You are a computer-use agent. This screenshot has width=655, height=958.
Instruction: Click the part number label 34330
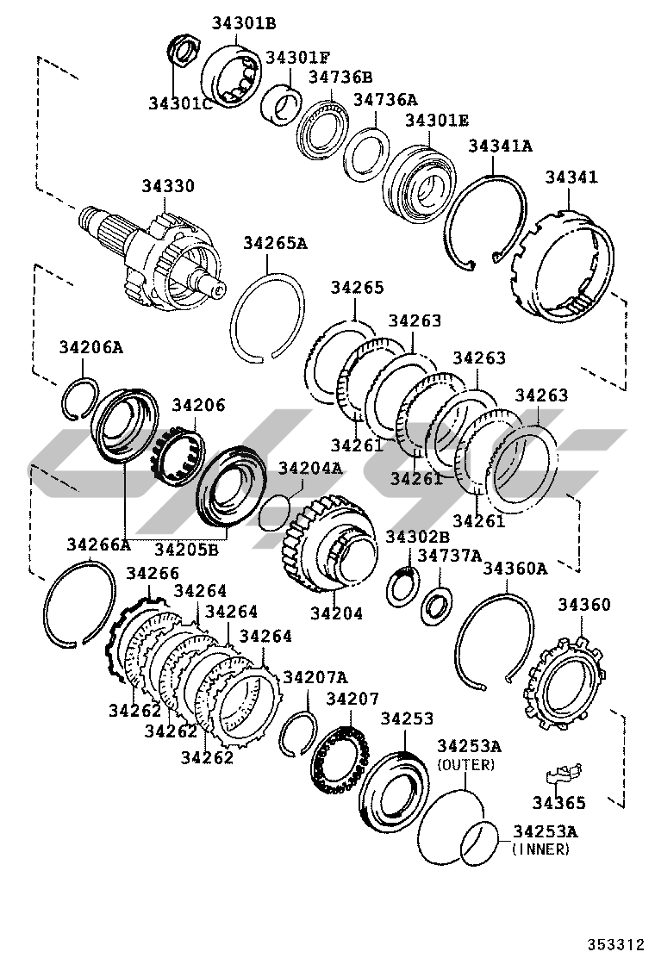coord(168,186)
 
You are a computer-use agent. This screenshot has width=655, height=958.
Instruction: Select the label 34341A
coord(500,146)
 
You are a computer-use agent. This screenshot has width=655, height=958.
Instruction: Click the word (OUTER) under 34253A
coord(466,764)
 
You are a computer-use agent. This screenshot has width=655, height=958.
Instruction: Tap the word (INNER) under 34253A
coord(540,849)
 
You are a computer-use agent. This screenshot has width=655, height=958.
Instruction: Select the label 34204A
coord(309,468)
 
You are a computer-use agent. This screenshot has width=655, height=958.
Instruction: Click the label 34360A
coord(515,568)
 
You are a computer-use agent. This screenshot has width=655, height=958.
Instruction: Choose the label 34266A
coord(98,544)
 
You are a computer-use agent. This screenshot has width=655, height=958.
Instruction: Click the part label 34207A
coord(315,676)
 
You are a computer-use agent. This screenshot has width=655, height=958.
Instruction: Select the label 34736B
coord(340,77)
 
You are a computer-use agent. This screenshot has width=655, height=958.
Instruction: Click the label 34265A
coord(275,243)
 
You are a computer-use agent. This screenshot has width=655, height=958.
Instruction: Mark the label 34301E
coord(437,121)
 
